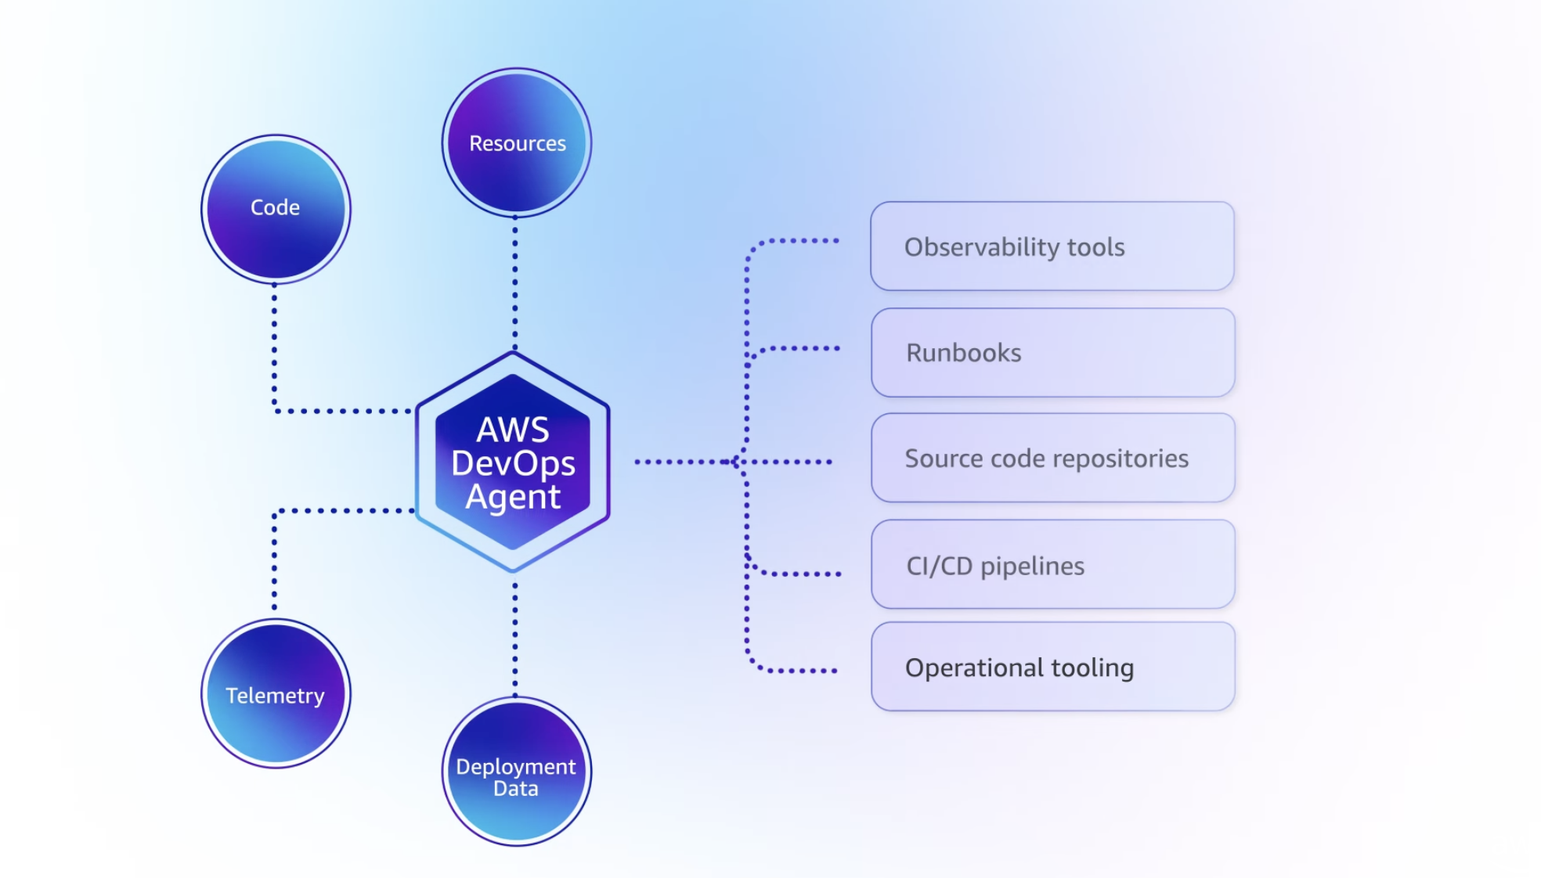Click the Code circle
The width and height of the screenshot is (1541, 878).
point(275,208)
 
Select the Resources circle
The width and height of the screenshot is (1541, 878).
point(516,142)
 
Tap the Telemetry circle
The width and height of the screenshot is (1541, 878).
point(275,693)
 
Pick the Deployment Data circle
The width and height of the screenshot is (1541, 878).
point(516,771)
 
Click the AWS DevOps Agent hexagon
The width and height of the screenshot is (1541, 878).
point(513,462)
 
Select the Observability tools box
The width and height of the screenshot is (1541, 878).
point(1052,246)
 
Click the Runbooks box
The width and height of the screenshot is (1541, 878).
point(1052,352)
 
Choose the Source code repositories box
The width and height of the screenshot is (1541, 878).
point(1052,458)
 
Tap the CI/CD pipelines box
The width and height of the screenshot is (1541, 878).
point(1052,564)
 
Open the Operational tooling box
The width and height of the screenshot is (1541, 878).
point(1052,667)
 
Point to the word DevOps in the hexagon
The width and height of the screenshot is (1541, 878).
point(513,463)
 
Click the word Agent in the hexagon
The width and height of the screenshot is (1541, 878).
point(513,497)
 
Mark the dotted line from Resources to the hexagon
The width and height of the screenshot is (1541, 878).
point(514,282)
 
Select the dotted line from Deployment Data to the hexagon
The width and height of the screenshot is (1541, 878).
point(514,638)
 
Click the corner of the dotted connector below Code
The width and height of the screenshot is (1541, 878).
point(275,410)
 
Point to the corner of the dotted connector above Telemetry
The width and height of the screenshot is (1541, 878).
point(275,512)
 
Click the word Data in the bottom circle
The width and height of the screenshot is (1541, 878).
point(515,789)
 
